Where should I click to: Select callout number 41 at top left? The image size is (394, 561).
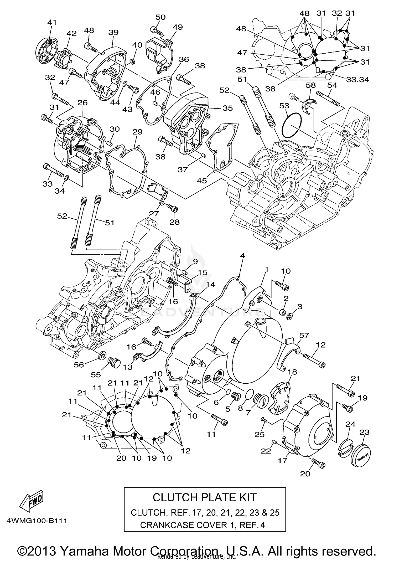coord(52,22)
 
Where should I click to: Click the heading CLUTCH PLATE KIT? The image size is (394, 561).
coord(204,497)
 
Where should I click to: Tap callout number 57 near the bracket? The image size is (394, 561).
coord(304,335)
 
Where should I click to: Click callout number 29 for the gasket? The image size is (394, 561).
coord(137,132)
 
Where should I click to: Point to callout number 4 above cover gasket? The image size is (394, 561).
coord(242,255)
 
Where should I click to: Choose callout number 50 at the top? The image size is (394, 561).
coord(160,17)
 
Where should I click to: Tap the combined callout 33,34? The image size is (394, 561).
coord(357,79)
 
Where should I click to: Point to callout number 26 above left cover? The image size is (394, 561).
coord(82,102)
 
